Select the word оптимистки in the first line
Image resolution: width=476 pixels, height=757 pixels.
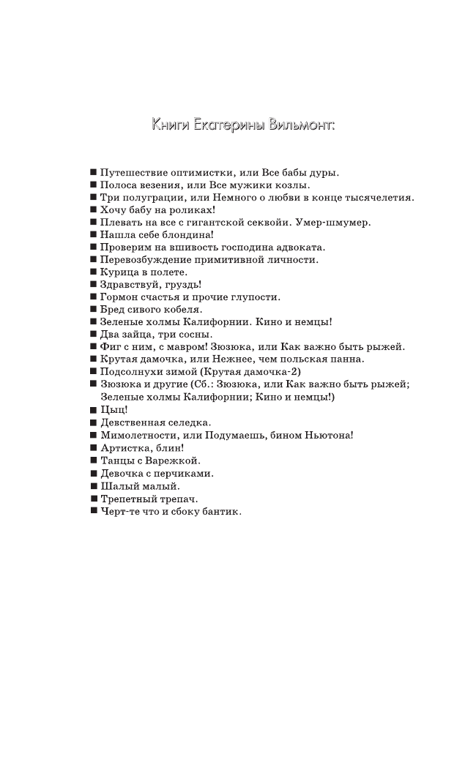click(x=199, y=173)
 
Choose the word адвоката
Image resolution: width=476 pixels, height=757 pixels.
click(x=298, y=247)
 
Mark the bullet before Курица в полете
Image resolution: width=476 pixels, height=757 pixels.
click(x=93, y=272)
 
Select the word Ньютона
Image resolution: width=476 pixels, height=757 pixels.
click(x=328, y=435)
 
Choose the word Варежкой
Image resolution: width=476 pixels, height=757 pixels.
click(x=175, y=460)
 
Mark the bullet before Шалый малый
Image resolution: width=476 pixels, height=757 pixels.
click(x=93, y=485)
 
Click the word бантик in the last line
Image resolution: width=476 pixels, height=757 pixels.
click(x=218, y=511)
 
